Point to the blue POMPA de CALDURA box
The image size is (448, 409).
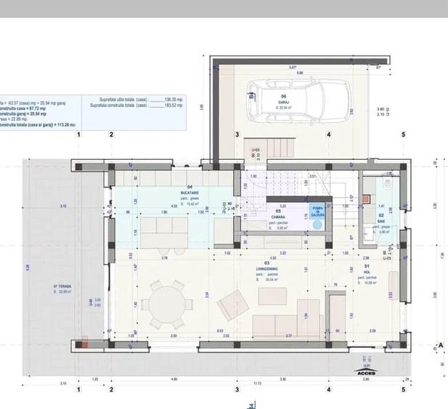(317, 212)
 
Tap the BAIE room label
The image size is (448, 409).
(380, 222)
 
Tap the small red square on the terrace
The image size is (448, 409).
(86, 339)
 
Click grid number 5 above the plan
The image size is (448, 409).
(403, 134)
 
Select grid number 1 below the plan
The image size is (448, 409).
(78, 390)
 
